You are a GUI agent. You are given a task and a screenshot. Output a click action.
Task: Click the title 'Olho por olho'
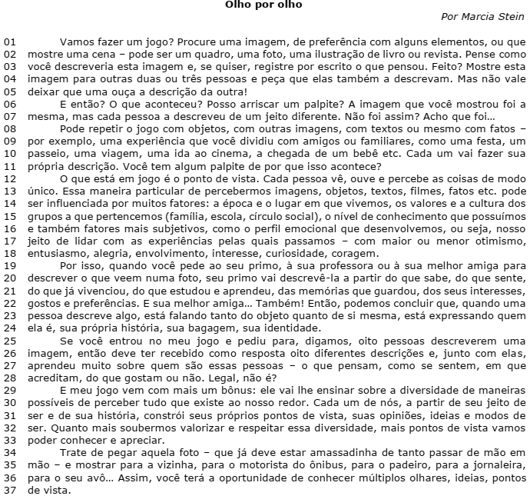263,5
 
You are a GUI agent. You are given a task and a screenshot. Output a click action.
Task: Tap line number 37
9,490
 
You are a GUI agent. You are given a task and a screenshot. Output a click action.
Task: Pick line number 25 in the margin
9,340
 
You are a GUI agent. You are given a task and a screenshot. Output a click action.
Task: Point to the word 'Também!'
268,303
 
